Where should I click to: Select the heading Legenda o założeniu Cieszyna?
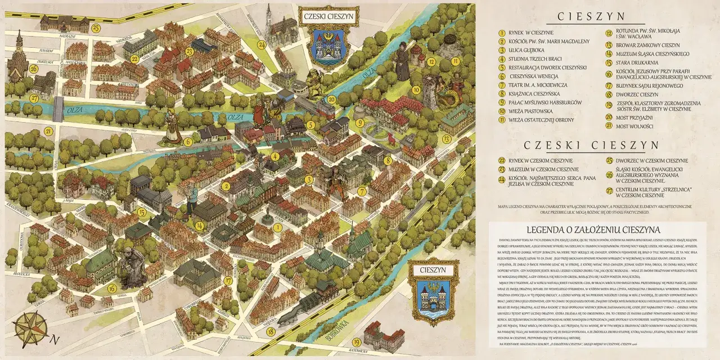tap(593, 229)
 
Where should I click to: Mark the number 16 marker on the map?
tap(112, 289)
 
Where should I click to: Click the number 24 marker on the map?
tap(261, 44)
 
